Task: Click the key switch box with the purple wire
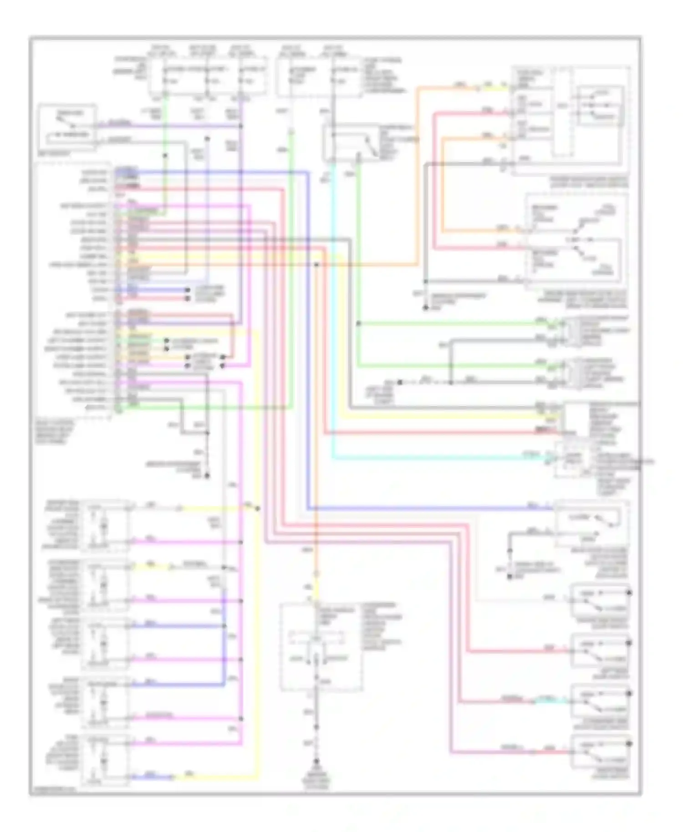[x=67, y=125]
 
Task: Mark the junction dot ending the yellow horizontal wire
[x=258, y=508]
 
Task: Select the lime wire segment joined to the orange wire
[x=492, y=88]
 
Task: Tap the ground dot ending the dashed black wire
[x=400, y=382]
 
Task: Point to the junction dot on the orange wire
[x=316, y=264]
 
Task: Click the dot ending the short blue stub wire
[x=187, y=290]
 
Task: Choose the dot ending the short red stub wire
[x=187, y=299]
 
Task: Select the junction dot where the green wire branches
[x=358, y=324]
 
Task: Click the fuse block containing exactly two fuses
[x=319, y=76]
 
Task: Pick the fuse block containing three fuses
[x=209, y=76]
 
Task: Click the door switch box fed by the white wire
[x=600, y=600]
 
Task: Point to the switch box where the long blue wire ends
[x=591, y=523]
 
